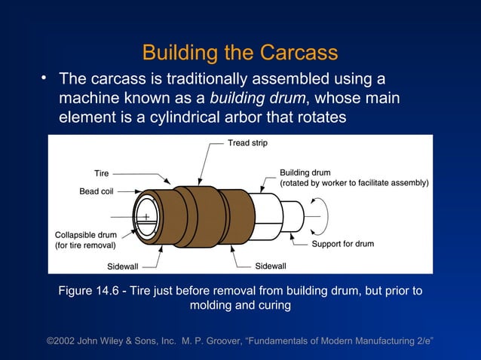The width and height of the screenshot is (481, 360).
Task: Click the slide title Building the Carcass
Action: click(240, 53)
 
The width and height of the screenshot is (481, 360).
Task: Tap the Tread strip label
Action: click(247, 143)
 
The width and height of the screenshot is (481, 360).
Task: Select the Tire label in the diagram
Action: click(101, 173)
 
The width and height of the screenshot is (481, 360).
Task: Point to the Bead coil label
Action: click(96, 191)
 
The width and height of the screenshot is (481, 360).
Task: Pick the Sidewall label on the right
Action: click(270, 267)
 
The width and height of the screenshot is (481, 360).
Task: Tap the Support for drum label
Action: click(343, 244)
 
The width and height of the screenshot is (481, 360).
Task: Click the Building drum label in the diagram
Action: click(305, 172)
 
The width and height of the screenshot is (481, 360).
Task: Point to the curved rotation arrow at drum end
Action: click(320, 214)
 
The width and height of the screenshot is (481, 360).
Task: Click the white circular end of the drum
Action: click(146, 217)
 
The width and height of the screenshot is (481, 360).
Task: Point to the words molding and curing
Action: click(240, 306)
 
